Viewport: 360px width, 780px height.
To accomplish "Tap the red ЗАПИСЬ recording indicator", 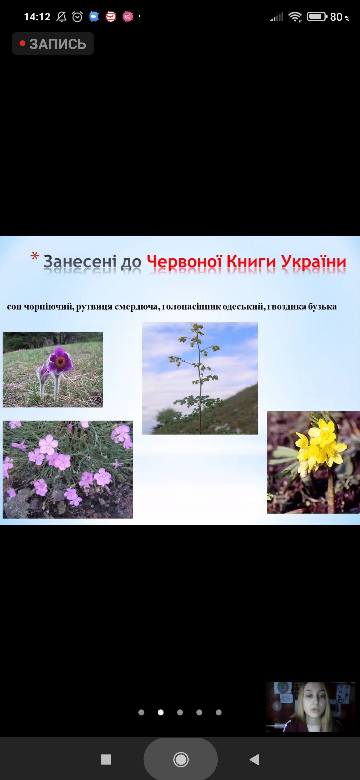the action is pos(53,44).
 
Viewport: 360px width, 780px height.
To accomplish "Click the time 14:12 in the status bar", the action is pos(37,17).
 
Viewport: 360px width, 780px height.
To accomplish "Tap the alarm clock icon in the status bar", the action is pos(77,17).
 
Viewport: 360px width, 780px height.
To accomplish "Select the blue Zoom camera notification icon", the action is pos(94,16).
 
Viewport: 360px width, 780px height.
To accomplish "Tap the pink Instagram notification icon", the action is pos(128,16).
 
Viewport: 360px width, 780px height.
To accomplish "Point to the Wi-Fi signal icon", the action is pos(295,17).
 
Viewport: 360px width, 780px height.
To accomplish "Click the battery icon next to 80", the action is pos(317,16).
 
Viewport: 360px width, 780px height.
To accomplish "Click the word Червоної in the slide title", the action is pos(184,262).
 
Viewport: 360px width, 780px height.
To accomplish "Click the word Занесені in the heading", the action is pos(80,262).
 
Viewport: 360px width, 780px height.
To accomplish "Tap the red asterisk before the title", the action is pos(35,256).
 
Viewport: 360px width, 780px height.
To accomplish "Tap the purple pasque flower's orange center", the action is pos(60,361).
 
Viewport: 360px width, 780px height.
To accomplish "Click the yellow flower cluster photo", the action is pos(313,462).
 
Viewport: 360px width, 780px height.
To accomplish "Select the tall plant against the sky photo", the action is pos(200,378).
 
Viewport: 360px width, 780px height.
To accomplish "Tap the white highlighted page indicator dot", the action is pos(161,712).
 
